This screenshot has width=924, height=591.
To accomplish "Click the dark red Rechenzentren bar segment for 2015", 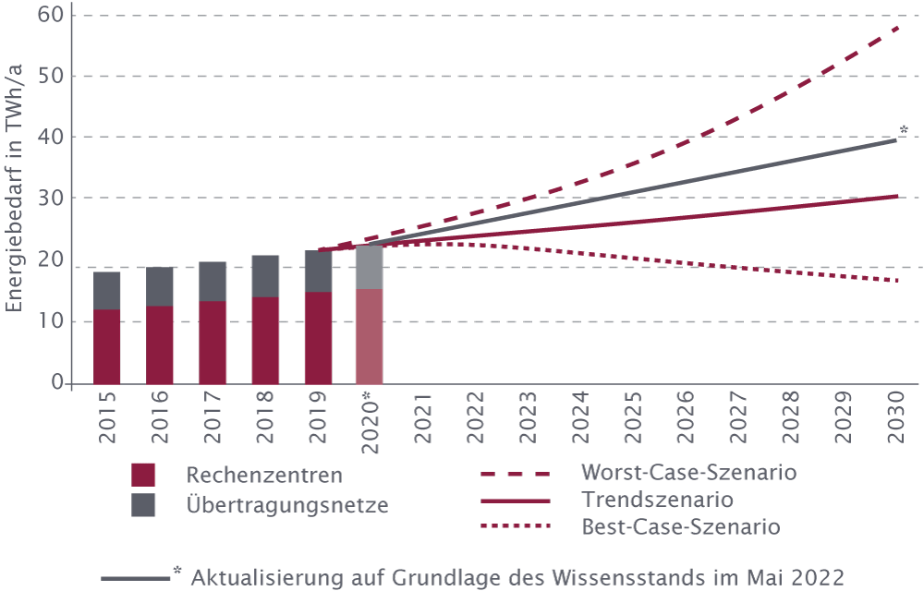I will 106,345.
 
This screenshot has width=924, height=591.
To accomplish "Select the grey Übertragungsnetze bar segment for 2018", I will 265,275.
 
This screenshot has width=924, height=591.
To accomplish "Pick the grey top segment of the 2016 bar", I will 159,286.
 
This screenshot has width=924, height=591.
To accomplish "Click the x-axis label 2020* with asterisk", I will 371,420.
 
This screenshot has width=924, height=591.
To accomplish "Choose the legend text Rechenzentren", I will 264,476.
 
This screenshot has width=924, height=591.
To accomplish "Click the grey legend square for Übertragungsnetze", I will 143,505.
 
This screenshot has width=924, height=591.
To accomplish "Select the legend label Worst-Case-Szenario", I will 688,473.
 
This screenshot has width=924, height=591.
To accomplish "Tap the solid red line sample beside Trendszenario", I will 515,501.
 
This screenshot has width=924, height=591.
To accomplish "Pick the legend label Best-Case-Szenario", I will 681,527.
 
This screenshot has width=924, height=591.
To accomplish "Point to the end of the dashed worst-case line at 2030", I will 896,29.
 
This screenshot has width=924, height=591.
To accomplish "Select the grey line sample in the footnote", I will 135,579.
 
